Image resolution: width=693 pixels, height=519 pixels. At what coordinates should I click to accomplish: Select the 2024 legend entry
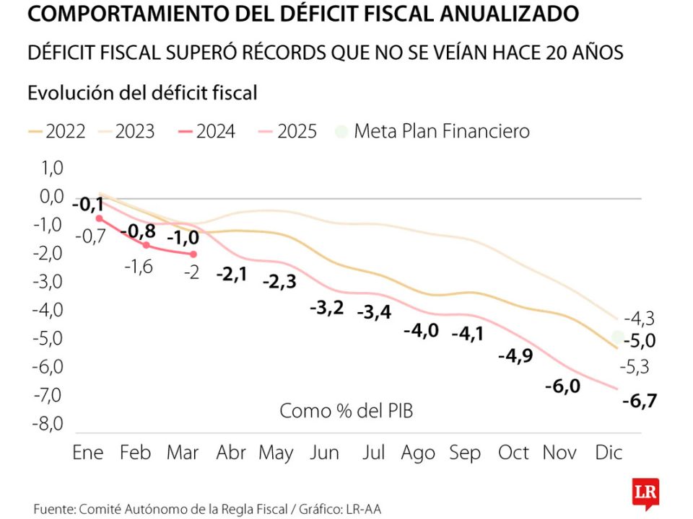click(x=206, y=131)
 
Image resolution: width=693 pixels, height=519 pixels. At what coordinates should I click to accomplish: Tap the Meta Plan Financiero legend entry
click(x=433, y=131)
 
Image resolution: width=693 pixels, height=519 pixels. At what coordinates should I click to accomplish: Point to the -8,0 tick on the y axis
click(x=48, y=423)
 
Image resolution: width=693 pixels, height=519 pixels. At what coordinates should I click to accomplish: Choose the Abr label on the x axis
click(x=232, y=453)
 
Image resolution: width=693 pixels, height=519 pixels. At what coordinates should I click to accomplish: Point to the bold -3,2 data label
click(x=327, y=308)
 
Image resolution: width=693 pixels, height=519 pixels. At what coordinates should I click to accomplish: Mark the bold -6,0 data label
click(x=562, y=386)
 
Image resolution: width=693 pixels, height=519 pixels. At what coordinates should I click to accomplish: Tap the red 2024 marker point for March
click(x=193, y=254)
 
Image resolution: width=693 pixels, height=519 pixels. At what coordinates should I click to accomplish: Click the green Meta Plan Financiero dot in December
click(x=618, y=337)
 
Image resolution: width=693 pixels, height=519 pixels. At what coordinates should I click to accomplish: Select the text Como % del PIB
click(x=346, y=411)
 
